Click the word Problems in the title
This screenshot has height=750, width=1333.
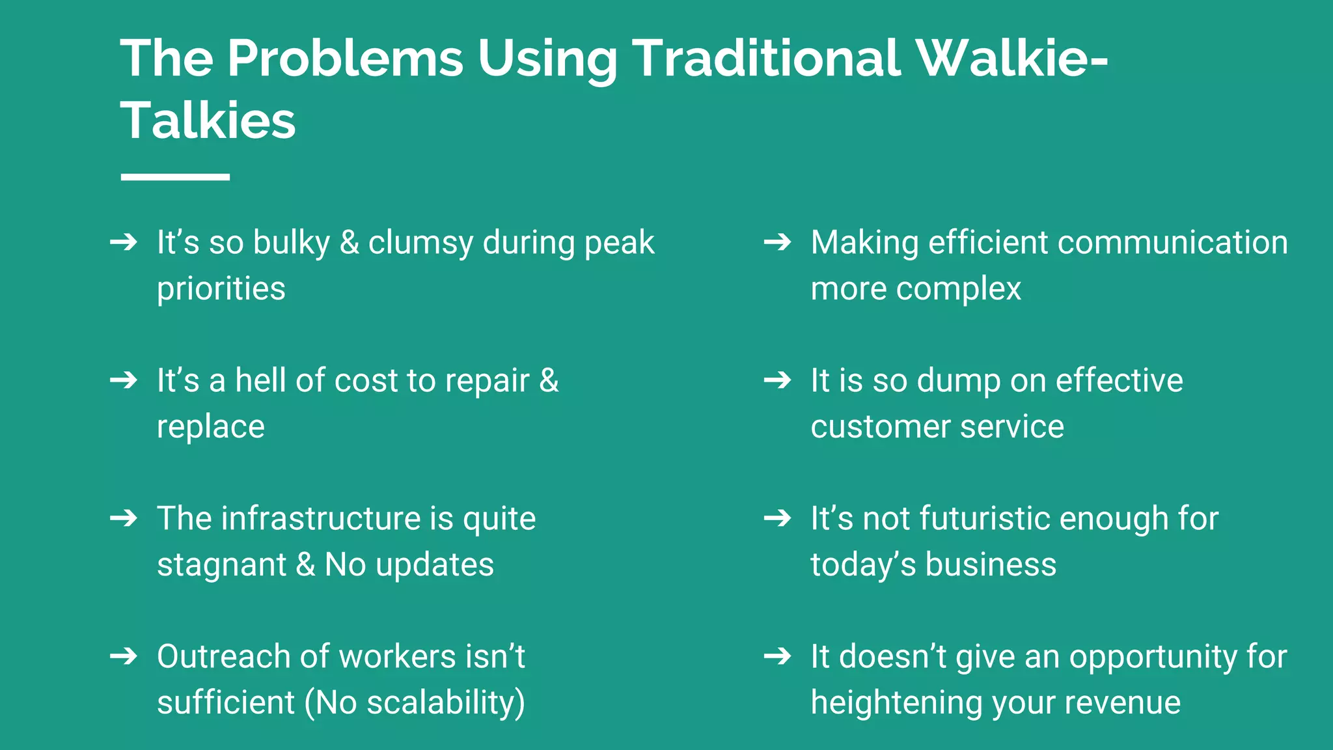pos(345,59)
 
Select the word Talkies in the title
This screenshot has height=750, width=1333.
pos(208,121)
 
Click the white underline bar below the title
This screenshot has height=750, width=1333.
pos(175,177)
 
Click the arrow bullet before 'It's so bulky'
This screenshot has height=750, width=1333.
pos(124,242)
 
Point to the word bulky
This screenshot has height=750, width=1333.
pos(291,243)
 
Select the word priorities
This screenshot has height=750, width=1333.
pos(221,289)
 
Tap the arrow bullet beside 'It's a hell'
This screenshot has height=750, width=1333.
pos(124,380)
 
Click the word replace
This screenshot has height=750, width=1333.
pos(211,428)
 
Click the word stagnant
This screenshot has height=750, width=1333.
pos(222,565)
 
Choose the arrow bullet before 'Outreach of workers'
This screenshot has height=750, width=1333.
pos(124,656)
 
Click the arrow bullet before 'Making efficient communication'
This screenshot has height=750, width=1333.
pos(777,242)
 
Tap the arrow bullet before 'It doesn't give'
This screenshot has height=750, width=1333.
pos(777,656)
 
